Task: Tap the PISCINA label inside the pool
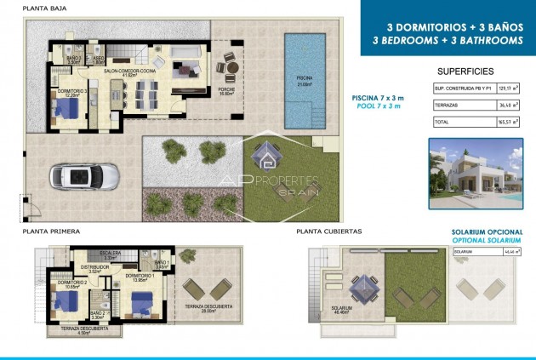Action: pos(305,80)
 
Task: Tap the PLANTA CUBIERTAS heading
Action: pos(329,231)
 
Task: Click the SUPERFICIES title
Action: pos(465,71)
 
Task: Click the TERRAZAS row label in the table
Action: pos(448,106)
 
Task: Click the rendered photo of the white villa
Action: pos(474,174)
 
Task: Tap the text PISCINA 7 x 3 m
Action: pos(379,99)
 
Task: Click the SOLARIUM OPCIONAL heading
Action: pos(486,231)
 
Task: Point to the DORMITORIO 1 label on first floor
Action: pos(139,277)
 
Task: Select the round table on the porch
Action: pos(226,67)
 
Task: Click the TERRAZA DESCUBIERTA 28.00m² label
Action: pos(202,309)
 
